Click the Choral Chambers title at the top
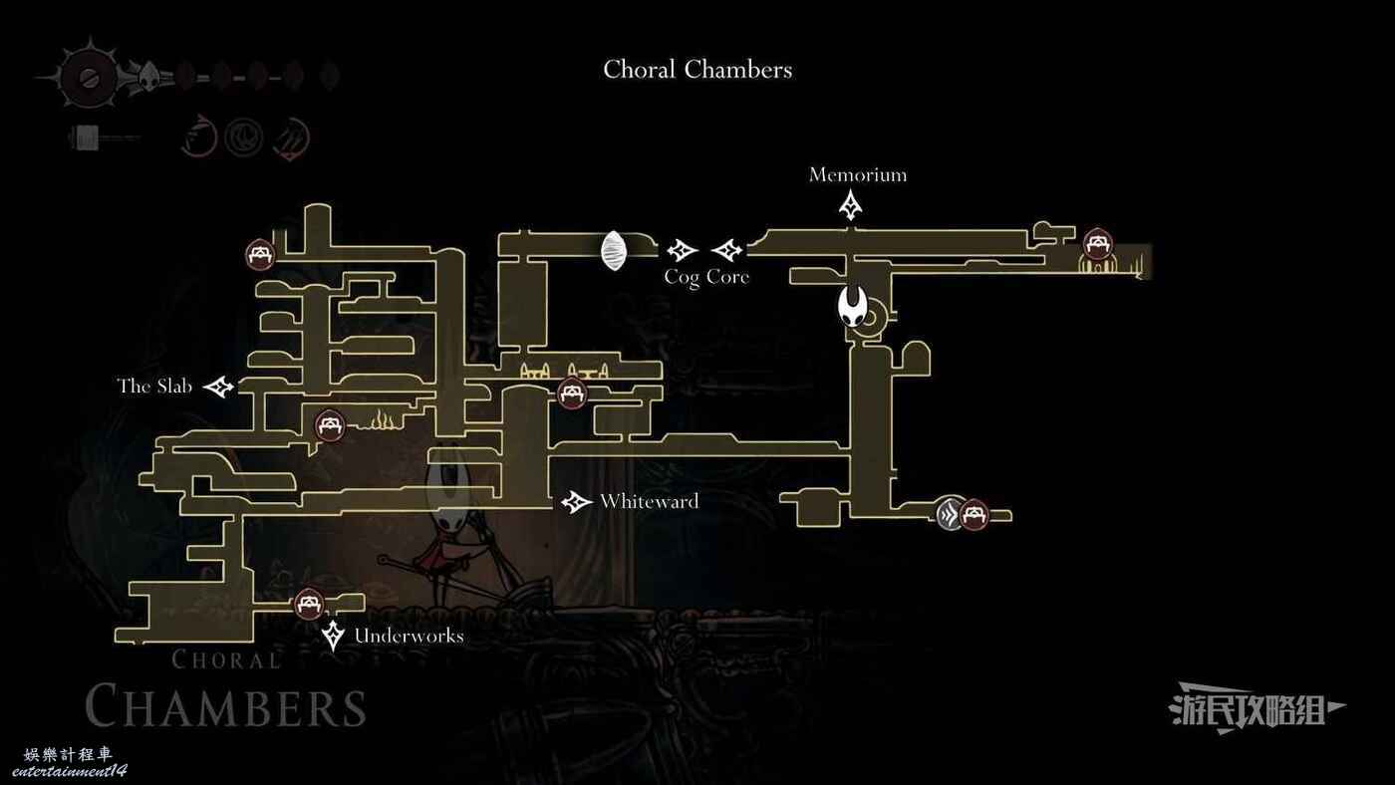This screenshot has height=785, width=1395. [x=697, y=70]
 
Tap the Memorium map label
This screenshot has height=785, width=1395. [x=858, y=175]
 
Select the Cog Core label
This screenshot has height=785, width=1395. [x=706, y=277]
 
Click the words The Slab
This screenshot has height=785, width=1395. [x=154, y=386]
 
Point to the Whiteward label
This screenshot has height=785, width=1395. [x=650, y=502]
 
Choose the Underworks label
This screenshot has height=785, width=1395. [x=409, y=636]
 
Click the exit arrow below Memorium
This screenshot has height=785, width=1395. [x=851, y=205]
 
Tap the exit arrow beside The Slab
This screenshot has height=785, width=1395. [x=219, y=387]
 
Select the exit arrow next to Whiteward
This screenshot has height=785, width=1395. [x=576, y=502]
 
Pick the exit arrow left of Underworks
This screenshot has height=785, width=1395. [x=333, y=636]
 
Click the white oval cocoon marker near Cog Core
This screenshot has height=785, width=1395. [x=614, y=251]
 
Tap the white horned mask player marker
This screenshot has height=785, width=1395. [x=853, y=306]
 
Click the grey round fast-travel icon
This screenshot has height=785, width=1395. [x=950, y=514]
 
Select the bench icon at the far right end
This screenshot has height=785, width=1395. [x=1097, y=244]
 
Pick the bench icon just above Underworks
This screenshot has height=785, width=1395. [x=309, y=603]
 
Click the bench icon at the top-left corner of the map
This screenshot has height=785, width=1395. [x=260, y=254]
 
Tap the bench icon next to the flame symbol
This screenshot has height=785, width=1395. [x=330, y=425]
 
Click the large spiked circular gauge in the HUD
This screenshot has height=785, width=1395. [x=89, y=77]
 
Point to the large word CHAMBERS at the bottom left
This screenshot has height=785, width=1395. [x=225, y=706]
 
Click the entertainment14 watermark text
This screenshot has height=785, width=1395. [x=69, y=771]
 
